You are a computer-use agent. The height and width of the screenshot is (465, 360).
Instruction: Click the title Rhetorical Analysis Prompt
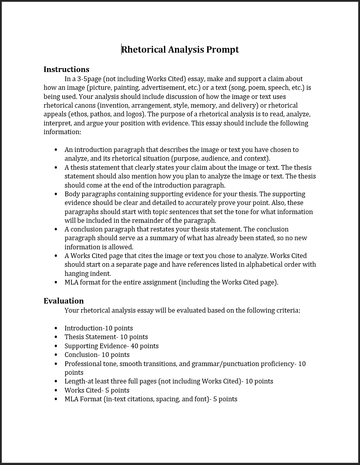180,49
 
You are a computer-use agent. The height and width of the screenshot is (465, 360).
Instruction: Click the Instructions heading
66,69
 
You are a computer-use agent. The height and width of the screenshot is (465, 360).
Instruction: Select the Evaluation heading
63,301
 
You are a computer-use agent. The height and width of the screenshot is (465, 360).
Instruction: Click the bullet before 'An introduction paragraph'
56,150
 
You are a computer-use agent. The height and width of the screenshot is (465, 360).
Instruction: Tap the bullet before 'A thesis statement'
56,167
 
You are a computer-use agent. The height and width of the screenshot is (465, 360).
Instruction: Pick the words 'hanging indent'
88,273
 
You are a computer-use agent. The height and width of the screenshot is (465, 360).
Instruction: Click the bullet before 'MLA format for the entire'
56,282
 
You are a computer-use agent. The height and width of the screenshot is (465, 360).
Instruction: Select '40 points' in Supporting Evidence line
145,346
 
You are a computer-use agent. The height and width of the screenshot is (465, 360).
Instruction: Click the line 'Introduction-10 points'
99,328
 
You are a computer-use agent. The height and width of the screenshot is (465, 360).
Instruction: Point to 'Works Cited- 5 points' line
97,390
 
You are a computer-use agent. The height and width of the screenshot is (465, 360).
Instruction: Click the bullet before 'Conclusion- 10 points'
56,355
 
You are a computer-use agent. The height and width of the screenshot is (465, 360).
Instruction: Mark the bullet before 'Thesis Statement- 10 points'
56,337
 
